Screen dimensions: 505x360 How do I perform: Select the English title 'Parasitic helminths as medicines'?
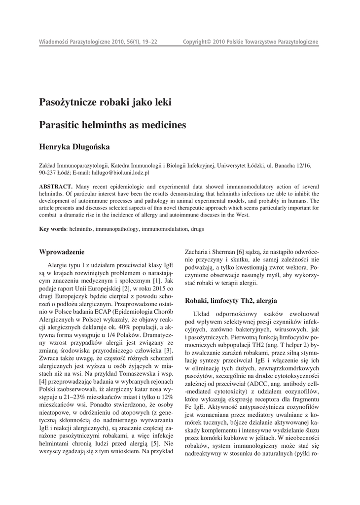pyautogui.click(x=112, y=125)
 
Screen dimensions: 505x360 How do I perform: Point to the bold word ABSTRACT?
pyautogui.click(x=56, y=187)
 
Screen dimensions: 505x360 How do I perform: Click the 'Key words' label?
pyautogui.click(x=52, y=229)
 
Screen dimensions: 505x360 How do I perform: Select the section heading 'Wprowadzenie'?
pyautogui.click(x=62, y=252)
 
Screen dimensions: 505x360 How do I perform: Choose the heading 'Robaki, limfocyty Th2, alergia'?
pyautogui.click(x=230, y=300)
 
